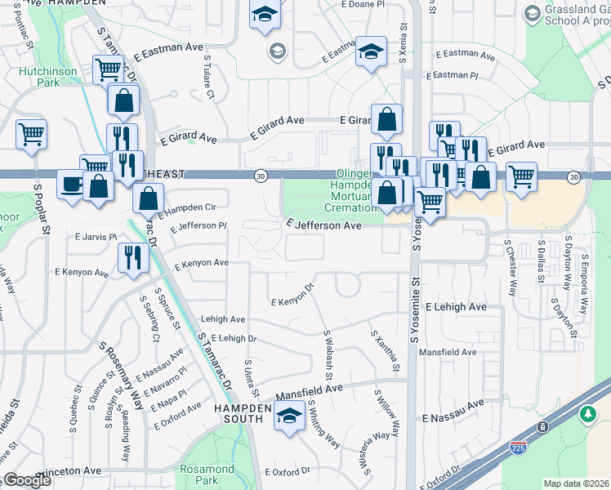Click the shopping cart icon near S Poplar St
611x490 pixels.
click(31, 133)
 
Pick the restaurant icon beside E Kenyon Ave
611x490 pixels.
click(132, 257)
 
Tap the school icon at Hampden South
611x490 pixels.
click(288, 415)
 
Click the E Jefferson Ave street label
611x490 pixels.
click(323, 225)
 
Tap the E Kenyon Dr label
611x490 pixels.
click(292, 296)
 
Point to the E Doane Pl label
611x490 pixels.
click(366, 5)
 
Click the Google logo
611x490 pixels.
click(27, 480)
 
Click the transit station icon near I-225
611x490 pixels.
click(542, 428)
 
